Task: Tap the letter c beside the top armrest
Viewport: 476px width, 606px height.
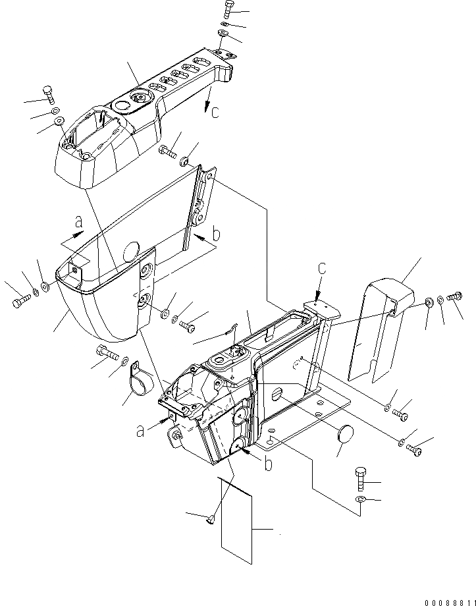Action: [x=215, y=111]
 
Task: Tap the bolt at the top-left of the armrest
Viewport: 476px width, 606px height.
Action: [x=48, y=95]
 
